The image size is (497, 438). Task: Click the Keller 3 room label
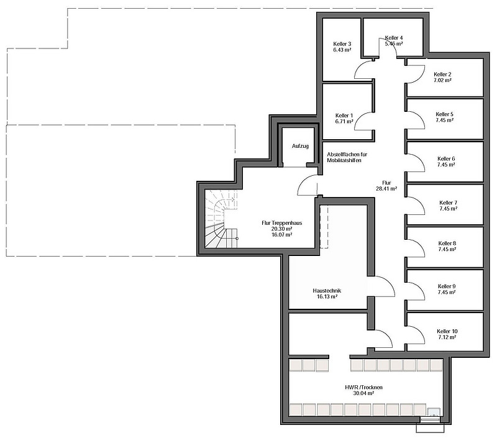pos(342,44)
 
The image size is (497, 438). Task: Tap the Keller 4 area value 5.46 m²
pos(394,44)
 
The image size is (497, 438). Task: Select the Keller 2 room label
pos(442,74)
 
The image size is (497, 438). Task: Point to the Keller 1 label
pos(344,116)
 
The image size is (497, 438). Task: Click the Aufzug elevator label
pos(300,145)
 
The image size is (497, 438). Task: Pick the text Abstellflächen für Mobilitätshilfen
pos(352,158)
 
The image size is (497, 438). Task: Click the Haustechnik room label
pos(326,291)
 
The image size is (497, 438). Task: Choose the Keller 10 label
pos(447,331)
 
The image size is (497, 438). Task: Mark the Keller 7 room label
pos(448,203)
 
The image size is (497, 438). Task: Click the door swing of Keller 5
pos(415,119)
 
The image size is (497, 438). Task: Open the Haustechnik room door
pos(381,289)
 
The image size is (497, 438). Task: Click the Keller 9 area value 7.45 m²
pos(447,292)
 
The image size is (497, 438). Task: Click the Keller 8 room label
pos(447,243)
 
